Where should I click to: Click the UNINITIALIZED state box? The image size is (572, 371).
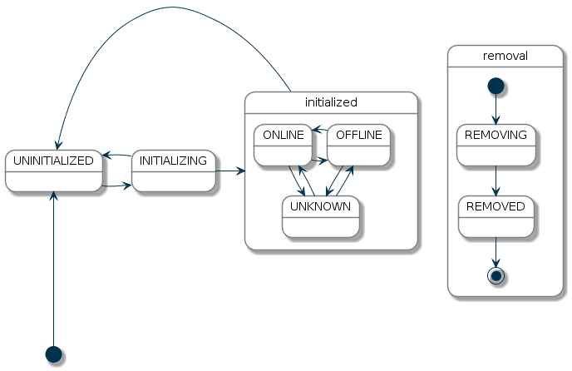[53, 171]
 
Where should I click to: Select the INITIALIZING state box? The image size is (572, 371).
[173, 171]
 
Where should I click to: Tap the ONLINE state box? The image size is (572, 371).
[283, 145]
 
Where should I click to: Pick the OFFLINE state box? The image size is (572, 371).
[358, 145]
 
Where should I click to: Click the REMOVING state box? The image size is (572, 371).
[496, 145]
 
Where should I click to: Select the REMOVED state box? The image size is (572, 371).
[496, 216]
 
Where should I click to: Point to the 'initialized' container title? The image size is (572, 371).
[331, 102]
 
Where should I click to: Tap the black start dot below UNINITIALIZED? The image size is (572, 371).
[53, 354]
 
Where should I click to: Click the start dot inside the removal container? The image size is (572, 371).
[496, 86]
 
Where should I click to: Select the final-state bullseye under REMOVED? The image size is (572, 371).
[496, 275]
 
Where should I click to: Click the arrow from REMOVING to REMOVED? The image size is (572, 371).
[496, 181]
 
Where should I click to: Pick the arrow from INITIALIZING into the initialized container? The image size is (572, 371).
[230, 171]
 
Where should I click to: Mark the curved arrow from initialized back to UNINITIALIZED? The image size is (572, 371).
[166, 8]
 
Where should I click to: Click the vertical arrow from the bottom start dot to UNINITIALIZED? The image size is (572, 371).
[53, 266]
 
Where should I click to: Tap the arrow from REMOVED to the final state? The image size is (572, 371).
[496, 251]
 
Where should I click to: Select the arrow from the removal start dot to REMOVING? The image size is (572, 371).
[496, 109]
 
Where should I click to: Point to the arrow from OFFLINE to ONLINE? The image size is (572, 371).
[319, 130]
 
